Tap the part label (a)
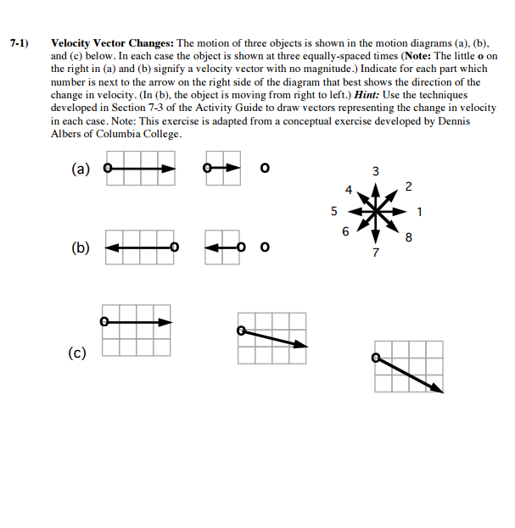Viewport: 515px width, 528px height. (81, 169)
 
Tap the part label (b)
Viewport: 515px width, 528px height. (81, 249)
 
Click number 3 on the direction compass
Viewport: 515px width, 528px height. (376, 173)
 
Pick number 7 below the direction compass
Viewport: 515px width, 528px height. (376, 253)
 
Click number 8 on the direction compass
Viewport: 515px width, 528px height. (411, 238)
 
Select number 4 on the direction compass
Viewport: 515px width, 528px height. (346, 188)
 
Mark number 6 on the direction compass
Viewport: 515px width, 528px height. (344, 231)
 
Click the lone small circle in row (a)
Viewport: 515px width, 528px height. (265, 168)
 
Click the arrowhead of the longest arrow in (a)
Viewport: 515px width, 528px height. (170, 169)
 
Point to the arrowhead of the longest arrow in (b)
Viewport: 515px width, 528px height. (110, 247)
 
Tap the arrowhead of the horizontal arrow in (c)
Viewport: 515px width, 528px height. (168, 322)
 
